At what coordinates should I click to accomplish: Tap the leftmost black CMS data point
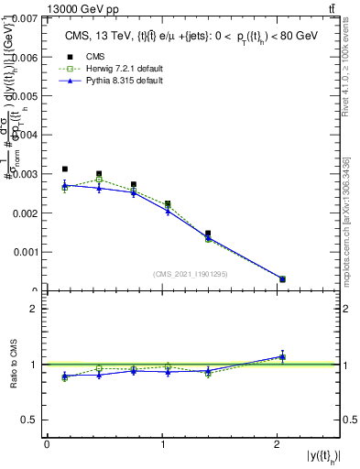pyautogui.click(x=64, y=169)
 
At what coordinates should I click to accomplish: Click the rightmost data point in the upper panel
pyautogui.click(x=282, y=279)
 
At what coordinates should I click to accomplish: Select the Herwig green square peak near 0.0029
pyautogui.click(x=99, y=180)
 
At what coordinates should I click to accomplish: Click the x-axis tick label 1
pyautogui.click(x=162, y=444)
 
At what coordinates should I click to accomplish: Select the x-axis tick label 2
pyautogui.click(x=278, y=444)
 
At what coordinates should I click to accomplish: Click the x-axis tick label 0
pyautogui.click(x=47, y=444)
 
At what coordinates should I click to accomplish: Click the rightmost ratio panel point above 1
pyautogui.click(x=282, y=356)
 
